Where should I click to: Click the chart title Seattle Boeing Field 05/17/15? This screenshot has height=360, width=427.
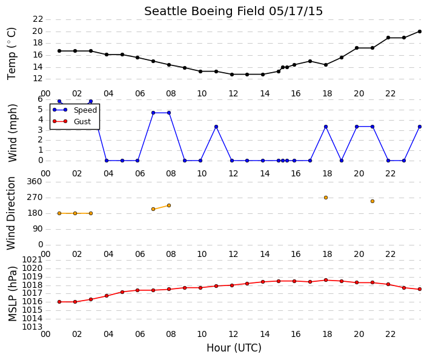pos(233,12)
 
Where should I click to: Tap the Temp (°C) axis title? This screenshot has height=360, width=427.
pos(12,54)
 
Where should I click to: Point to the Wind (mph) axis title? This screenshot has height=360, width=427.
pos(12,133)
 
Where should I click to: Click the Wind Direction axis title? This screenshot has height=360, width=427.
pos(11,213)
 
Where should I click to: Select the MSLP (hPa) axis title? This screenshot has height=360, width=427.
pos(12,294)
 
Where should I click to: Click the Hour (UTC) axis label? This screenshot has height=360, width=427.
pos(234,348)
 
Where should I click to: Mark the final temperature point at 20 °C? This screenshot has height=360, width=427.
pos(420,32)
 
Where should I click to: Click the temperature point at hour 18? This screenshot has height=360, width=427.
pos(326,65)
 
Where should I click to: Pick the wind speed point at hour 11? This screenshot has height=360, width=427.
pos(216,127)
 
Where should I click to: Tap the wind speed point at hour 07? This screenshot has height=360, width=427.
pos(153,113)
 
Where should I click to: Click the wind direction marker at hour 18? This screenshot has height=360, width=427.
pos(326,198)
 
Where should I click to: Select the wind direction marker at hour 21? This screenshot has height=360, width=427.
pos(372,201)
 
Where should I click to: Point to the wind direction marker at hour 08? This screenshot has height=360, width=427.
pos(169,205)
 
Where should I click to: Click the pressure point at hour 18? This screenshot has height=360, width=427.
pos(326,280)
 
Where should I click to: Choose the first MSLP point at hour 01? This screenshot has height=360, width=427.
pos(59,302)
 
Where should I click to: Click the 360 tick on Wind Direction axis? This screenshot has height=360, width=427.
pos(35,181)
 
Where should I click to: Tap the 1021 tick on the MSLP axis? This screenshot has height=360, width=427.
pos(32,259)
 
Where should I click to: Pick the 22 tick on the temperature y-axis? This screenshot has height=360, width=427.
pos(38,19)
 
